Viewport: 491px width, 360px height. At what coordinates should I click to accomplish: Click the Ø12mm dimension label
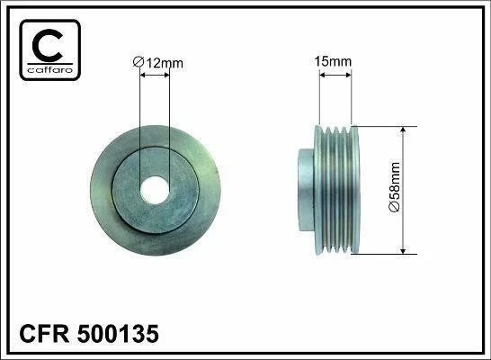pos(158,63)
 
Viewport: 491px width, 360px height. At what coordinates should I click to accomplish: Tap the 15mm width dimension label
pos(333,61)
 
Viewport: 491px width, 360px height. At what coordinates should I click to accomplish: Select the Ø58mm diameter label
pos(394,187)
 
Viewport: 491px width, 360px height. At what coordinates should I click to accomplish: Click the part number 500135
pos(118,334)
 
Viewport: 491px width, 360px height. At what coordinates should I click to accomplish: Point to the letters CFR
pos(44,334)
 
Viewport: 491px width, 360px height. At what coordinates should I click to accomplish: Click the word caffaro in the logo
pos(50,69)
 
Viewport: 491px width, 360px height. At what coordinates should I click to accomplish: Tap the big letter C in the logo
pos(48,45)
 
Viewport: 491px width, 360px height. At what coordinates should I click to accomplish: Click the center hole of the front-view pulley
pos(155,190)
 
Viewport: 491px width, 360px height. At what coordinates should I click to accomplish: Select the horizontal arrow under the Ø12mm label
pos(155,76)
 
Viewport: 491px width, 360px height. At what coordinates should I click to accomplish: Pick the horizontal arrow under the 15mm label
pos(335,76)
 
